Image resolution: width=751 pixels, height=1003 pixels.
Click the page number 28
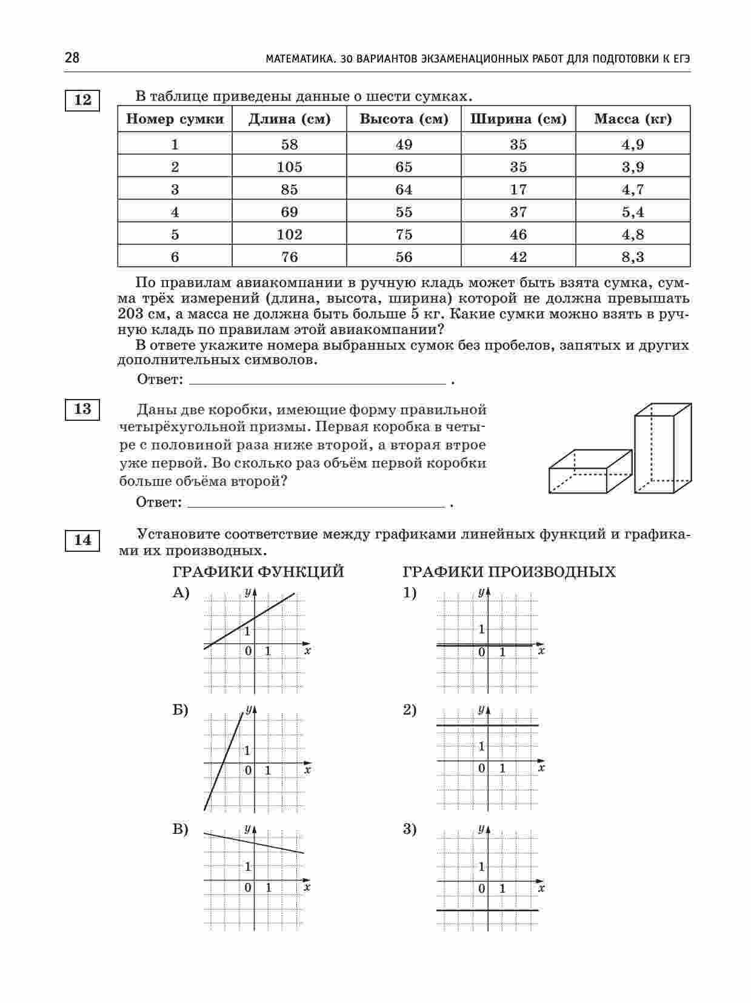click(72, 58)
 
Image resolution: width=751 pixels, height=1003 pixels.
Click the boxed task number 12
click(82, 100)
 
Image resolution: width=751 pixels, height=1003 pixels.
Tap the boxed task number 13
click(82, 409)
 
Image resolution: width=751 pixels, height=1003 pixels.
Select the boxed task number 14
click(82, 540)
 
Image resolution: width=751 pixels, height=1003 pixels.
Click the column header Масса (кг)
click(633, 119)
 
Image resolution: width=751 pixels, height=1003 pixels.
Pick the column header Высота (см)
click(404, 119)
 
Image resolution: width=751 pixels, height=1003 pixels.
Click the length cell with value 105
click(289, 167)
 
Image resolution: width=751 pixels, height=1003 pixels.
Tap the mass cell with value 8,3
click(633, 257)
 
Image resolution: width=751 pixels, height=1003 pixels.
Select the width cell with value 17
click(518, 189)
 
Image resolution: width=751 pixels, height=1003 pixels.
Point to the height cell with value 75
click(404, 234)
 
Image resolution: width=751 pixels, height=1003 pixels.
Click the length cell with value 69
click(289, 212)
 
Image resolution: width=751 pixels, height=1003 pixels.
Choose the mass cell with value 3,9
click(633, 167)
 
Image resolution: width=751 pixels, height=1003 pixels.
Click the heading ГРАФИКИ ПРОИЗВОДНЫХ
click(509, 572)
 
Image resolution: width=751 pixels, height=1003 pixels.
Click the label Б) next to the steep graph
click(180, 710)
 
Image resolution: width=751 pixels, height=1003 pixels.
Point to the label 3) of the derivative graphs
click(410, 829)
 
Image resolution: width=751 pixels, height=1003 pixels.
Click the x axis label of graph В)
click(307, 887)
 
